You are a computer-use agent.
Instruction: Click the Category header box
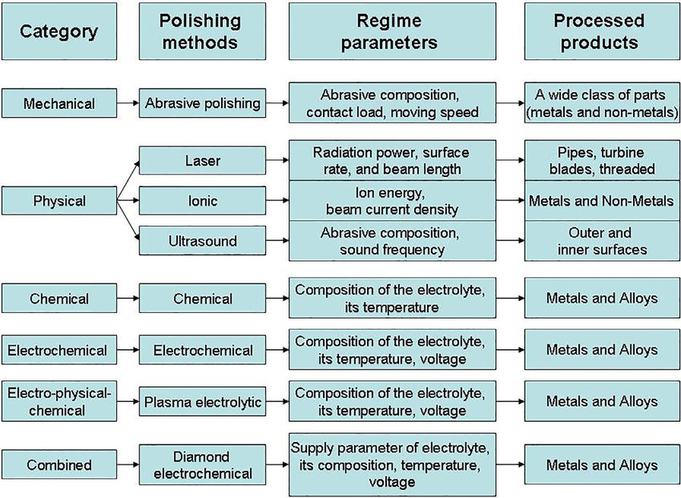point(58,32)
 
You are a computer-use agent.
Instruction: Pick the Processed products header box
point(598,32)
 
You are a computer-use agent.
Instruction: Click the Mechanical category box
point(58,103)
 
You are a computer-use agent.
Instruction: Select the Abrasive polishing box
point(203,103)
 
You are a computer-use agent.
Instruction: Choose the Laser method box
point(203,161)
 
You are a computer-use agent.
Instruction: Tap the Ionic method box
point(203,199)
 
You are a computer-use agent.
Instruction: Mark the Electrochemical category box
point(58,350)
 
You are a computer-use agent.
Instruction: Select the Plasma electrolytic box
point(203,402)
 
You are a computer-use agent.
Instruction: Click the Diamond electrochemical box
point(203,465)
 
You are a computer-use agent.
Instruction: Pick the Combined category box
point(58,465)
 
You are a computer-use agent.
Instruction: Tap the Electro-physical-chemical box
point(58,400)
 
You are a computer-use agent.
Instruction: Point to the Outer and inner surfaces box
point(598,240)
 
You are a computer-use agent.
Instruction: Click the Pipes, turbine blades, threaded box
point(598,161)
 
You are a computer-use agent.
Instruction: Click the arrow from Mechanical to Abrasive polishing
point(126,103)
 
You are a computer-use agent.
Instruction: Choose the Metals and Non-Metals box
point(598,200)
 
